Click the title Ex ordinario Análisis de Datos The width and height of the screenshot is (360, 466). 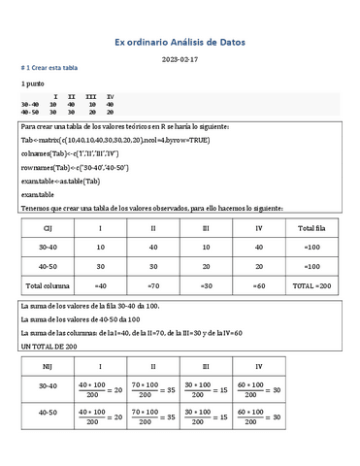[180, 43]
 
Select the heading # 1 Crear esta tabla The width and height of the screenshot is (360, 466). [49, 69]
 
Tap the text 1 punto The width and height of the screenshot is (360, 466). [35, 85]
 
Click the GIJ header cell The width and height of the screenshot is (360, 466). [47, 227]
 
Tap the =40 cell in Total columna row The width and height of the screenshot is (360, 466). [100, 286]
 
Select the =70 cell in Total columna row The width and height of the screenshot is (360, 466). [153, 286]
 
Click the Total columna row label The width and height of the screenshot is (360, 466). [47, 286]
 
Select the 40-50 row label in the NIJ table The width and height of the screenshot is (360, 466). [47, 439]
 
